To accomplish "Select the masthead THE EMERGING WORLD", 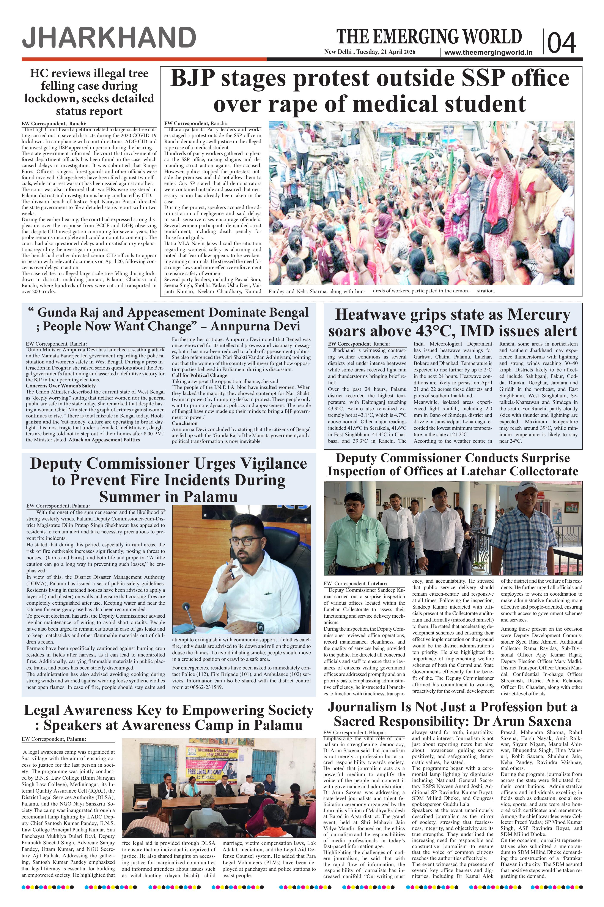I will coord(429,37).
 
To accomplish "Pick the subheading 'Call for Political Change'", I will coord(200,375).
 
